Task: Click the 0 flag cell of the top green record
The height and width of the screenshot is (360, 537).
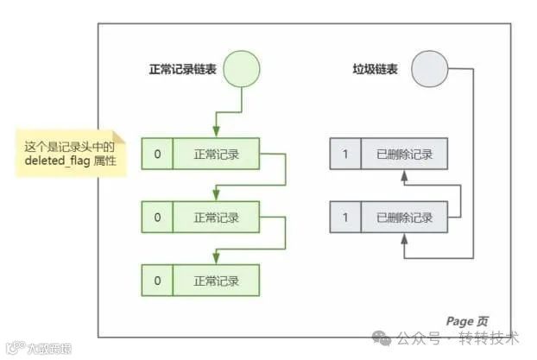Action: (x=157, y=155)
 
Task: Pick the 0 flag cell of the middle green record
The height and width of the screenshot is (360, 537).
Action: (x=157, y=217)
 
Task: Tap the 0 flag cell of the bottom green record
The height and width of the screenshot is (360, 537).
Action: (x=157, y=281)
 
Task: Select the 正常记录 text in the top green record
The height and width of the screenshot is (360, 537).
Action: (x=216, y=155)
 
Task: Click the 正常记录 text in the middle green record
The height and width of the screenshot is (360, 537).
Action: (x=216, y=217)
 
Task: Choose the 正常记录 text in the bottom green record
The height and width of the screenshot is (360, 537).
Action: (x=216, y=281)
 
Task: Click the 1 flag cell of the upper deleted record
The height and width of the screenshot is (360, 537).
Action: (x=345, y=155)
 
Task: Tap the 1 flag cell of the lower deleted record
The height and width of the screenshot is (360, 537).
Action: (x=345, y=217)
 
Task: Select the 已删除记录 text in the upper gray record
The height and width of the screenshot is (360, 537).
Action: (x=404, y=155)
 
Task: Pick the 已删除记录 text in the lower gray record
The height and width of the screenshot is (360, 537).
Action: (x=404, y=217)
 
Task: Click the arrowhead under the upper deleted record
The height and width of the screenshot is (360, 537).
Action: (x=404, y=176)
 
